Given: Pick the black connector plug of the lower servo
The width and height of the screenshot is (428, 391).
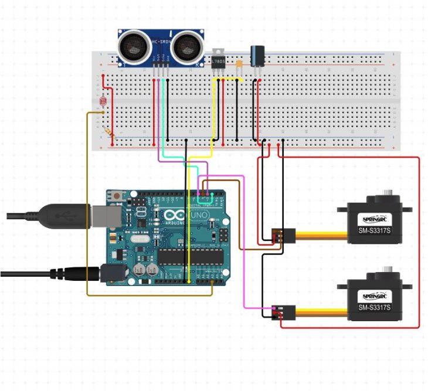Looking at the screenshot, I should point(278,312).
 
